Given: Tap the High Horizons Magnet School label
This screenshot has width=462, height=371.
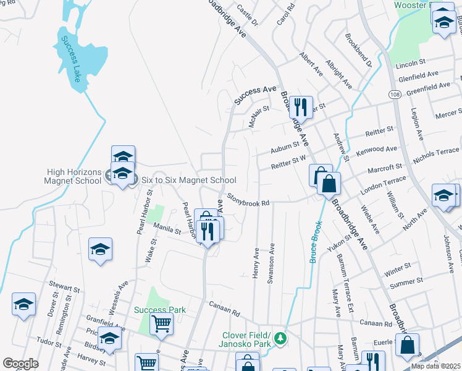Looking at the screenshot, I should (x=72, y=176).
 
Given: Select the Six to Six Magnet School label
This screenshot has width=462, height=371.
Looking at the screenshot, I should (x=180, y=180).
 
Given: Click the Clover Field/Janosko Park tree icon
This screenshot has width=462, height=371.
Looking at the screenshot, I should (x=280, y=338).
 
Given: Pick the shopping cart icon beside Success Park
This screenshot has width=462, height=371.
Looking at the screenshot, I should (x=161, y=322).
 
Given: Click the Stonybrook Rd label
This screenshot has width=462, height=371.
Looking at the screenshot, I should (x=249, y=199).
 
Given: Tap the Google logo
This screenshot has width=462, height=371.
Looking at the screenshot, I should (x=20, y=364).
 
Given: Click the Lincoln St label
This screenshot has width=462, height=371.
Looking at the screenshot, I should (x=411, y=64).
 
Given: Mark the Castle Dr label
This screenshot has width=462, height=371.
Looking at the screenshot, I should (x=246, y=17).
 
